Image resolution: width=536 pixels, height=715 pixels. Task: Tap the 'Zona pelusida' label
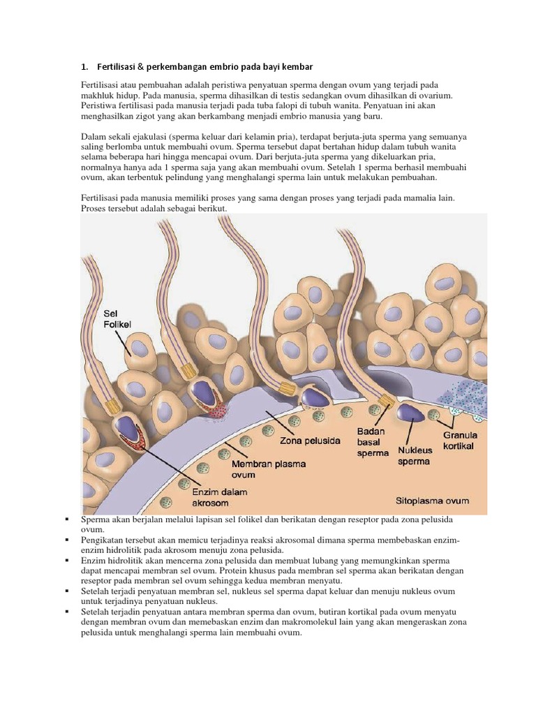pyautogui.click(x=310, y=441)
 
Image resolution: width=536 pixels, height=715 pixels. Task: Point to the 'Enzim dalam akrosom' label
pyautogui.click(x=220, y=497)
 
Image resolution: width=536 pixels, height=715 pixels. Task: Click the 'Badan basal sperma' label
pyautogui.click(x=372, y=442)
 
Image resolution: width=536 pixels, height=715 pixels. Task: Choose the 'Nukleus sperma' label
pyautogui.click(x=414, y=456)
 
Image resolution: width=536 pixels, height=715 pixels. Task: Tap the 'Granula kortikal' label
pyautogui.click(x=459, y=440)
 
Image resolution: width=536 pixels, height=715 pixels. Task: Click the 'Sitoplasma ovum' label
pyautogui.click(x=432, y=501)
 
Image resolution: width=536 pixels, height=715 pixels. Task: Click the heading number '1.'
pyautogui.click(x=84, y=66)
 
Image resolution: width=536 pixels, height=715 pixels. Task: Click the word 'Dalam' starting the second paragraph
pyautogui.click(x=94, y=137)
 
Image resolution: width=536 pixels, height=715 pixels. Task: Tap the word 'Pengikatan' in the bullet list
pyautogui.click(x=103, y=540)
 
